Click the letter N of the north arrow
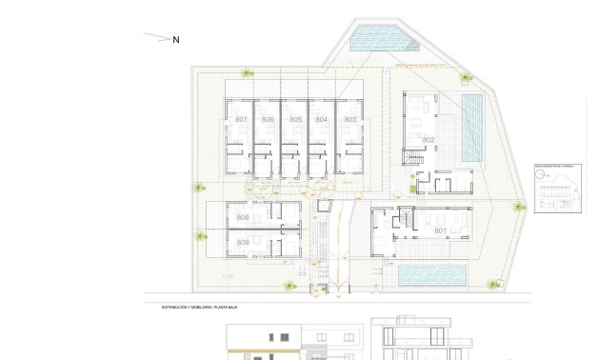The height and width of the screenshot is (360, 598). (176, 40)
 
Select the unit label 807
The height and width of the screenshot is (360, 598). (241, 120)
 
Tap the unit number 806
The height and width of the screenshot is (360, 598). (268, 120)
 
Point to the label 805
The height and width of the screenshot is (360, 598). (295, 120)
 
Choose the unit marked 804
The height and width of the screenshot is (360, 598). (322, 120)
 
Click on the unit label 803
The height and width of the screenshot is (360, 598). (349, 120)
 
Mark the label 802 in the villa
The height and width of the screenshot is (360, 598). (429, 140)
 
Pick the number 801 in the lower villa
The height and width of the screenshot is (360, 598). (440, 230)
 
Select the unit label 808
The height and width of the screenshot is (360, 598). (243, 218)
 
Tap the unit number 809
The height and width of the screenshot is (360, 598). (243, 244)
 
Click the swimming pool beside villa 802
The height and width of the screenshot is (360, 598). (472, 128)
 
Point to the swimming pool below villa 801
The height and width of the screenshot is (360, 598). (431, 276)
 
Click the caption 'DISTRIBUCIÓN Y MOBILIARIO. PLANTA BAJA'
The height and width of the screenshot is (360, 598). (199, 308)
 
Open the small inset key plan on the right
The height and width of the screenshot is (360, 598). (557, 189)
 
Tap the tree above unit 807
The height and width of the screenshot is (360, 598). (248, 72)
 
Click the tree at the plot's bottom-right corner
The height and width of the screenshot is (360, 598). (493, 284)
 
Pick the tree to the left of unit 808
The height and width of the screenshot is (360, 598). (200, 235)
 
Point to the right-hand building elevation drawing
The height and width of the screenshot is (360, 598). (419, 339)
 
